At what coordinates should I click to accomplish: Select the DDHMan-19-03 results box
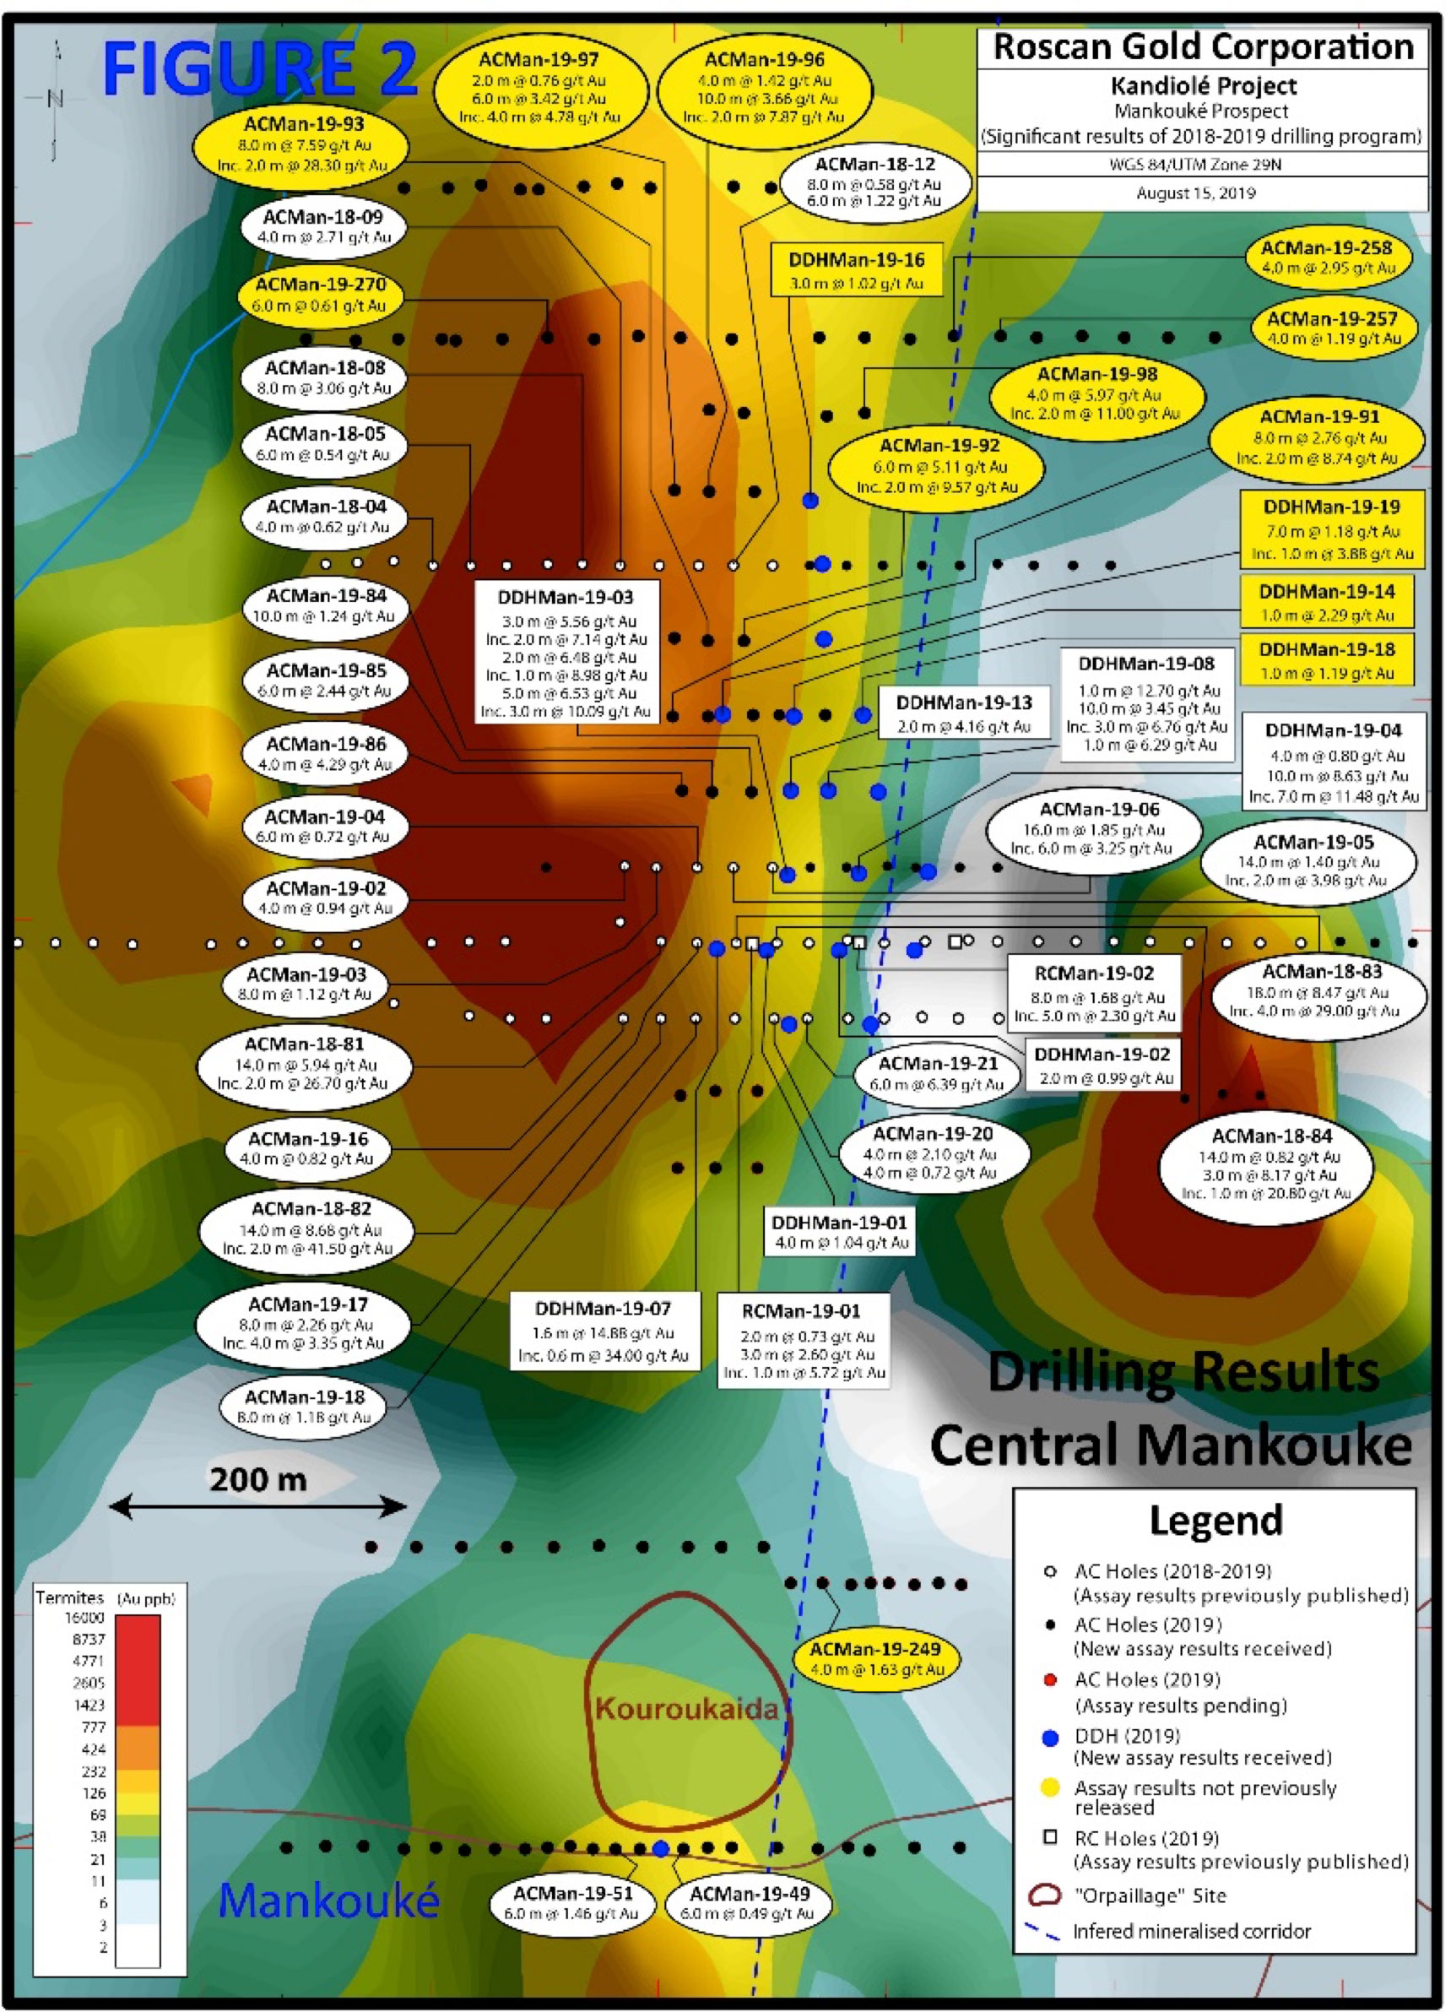[x=566, y=652]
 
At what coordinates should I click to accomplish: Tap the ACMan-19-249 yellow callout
[x=875, y=1658]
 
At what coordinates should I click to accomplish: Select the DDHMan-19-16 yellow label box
[x=856, y=270]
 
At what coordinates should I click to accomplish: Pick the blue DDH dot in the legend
[x=1051, y=1738]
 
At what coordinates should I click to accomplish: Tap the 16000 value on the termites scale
[x=85, y=1617]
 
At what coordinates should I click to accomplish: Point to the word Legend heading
[x=1215, y=1521]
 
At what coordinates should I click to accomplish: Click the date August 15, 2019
[x=1195, y=193]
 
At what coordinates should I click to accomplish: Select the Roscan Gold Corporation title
[x=1203, y=47]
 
